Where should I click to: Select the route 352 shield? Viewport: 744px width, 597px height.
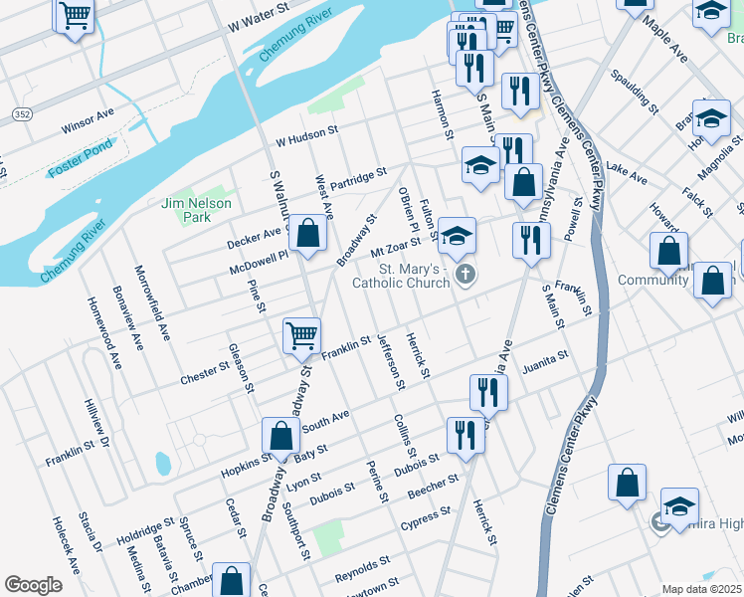[x=21, y=115]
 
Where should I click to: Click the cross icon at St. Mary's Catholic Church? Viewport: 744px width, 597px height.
[x=463, y=274]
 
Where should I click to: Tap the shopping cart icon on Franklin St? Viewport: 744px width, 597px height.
[x=301, y=335]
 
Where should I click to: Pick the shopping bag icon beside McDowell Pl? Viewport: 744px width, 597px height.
[x=309, y=234]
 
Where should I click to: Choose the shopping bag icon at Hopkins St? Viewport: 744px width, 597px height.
[x=280, y=435]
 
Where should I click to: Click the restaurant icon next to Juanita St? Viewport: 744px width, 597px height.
[x=487, y=391]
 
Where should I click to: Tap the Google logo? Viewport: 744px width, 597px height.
[x=33, y=585]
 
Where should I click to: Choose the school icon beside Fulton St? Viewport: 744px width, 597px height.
[x=457, y=236]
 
